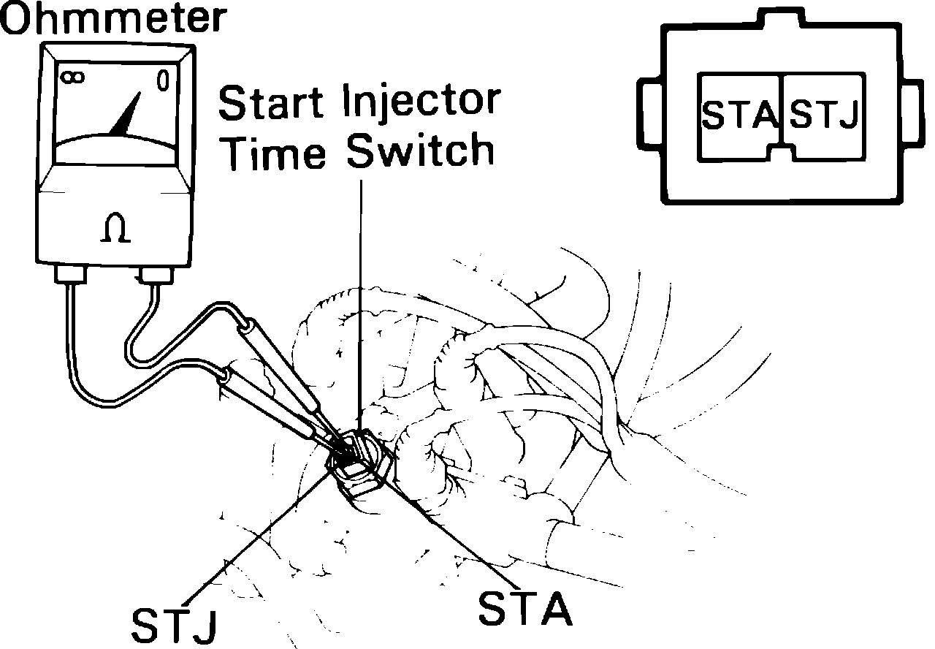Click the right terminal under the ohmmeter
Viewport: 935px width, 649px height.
tap(154, 276)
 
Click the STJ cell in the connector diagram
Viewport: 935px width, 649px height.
tap(824, 115)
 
